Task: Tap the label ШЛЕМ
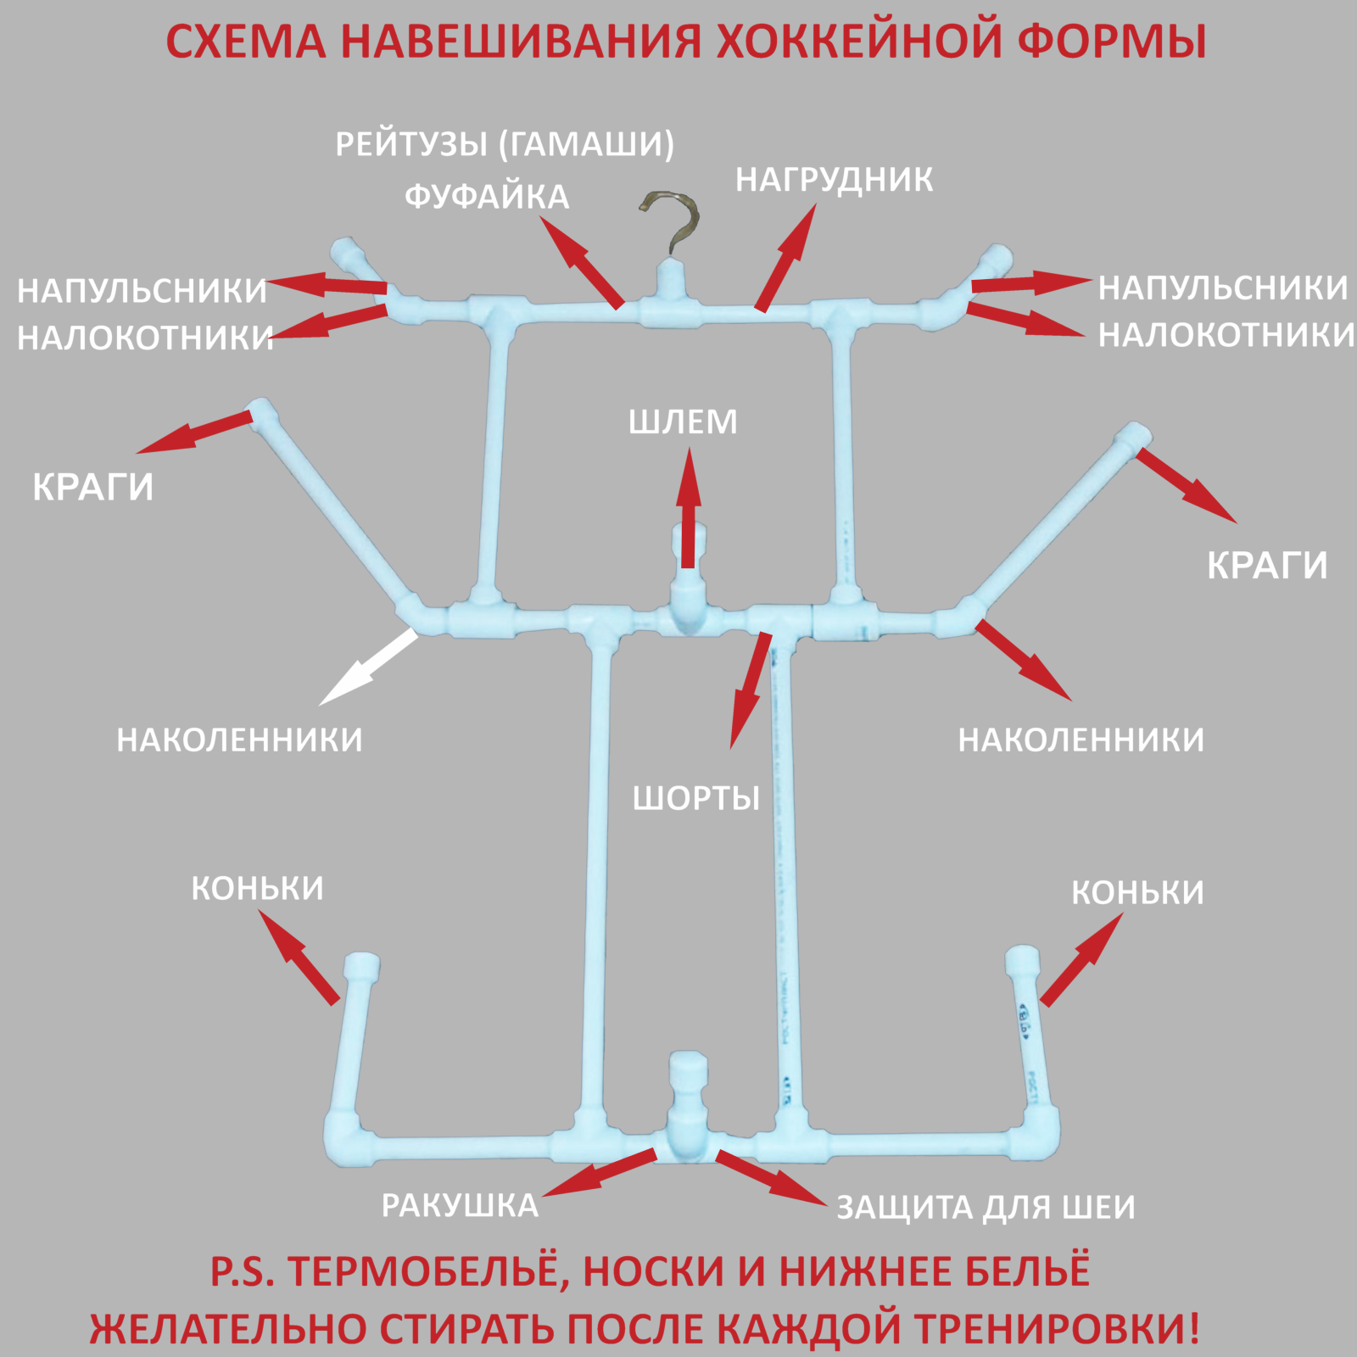click(683, 422)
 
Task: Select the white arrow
click(369, 667)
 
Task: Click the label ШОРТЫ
click(696, 798)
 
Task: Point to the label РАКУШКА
click(460, 1205)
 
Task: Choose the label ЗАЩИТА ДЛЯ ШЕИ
click(986, 1207)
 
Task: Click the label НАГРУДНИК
click(835, 180)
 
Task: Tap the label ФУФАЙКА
click(487, 197)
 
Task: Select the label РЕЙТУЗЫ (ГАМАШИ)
click(505, 144)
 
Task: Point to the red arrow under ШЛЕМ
click(689, 507)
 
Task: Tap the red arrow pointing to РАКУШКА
click(599, 1173)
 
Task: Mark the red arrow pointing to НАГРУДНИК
click(786, 257)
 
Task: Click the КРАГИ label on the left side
click(93, 488)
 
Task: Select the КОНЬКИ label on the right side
click(1137, 892)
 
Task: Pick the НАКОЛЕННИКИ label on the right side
click(1081, 740)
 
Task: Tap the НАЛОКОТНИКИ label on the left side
click(145, 338)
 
